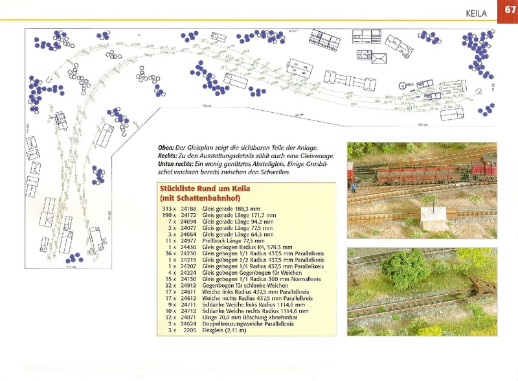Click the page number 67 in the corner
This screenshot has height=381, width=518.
coord(507,11)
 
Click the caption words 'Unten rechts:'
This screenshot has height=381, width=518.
coord(170,165)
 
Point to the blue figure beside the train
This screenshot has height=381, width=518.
coord(355,187)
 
